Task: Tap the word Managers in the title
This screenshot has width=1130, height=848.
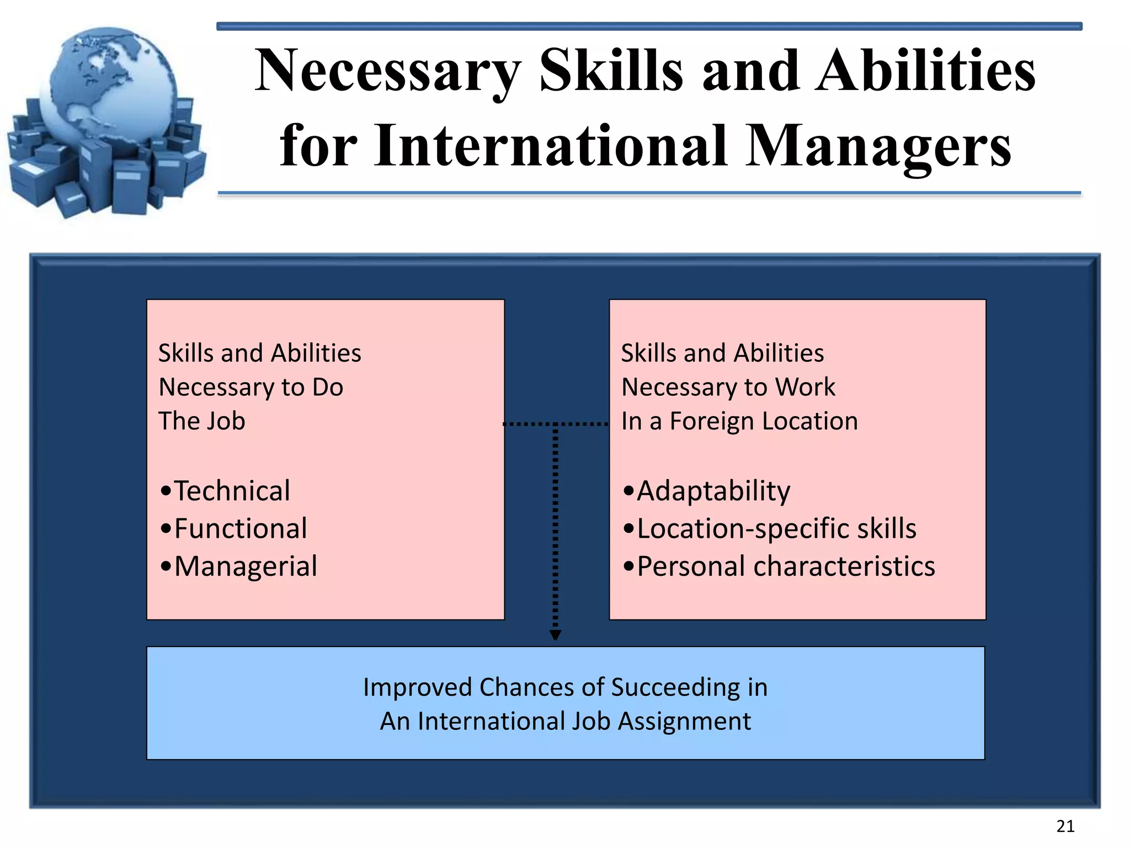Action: click(878, 146)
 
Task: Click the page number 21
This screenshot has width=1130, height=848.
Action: click(1065, 826)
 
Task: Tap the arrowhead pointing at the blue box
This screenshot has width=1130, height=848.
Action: click(556, 635)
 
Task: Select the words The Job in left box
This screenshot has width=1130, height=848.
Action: click(202, 421)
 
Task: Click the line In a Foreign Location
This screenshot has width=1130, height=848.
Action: click(739, 421)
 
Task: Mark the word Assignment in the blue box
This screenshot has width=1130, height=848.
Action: click(684, 722)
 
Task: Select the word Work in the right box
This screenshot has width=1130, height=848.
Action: click(805, 387)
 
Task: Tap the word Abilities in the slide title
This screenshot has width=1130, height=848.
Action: click(926, 72)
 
